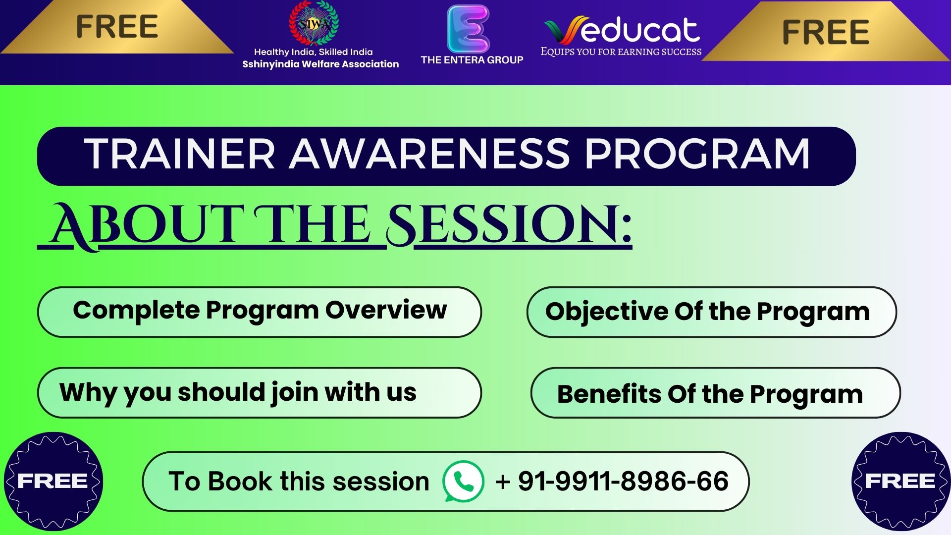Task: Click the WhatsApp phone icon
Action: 463,481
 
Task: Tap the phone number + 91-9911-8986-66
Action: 612,481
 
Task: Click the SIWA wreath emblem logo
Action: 314,23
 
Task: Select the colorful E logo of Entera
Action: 468,29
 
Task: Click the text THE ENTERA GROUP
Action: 472,60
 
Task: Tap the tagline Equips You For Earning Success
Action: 621,52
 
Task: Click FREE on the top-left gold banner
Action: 117,27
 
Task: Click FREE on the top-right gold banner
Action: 826,32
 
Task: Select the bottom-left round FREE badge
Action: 53,481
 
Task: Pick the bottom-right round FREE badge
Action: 901,481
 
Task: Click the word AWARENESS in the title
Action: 429,154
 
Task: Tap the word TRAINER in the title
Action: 180,154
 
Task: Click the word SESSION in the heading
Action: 509,225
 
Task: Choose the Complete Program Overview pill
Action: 260,312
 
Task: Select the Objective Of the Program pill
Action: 712,312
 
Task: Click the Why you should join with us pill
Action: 260,393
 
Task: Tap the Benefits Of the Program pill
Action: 715,393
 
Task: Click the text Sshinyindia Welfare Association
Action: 320,64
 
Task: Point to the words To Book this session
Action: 299,481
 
